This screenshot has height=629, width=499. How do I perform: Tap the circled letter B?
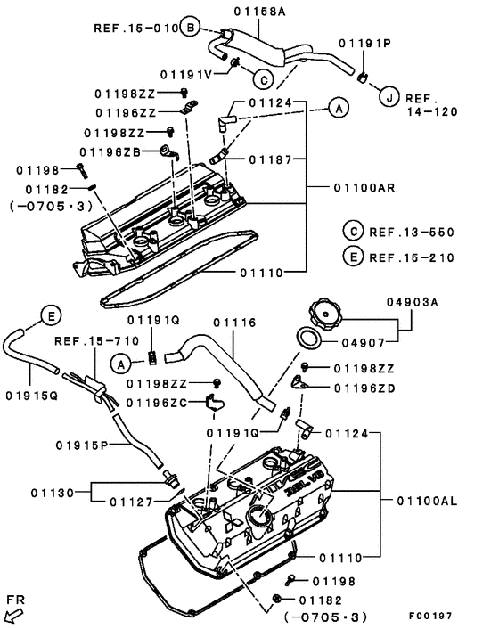190,29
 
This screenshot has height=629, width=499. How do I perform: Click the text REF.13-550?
411,233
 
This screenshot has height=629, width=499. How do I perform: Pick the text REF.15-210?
411,257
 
